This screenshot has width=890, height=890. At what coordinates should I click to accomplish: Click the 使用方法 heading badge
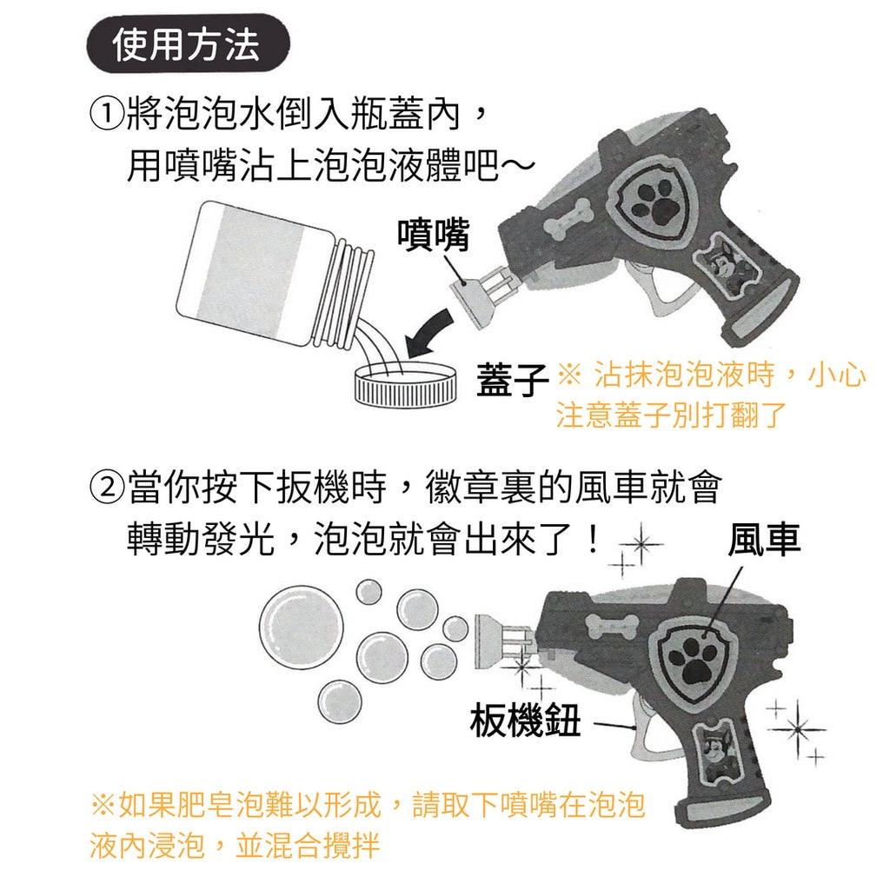pyautogui.click(x=186, y=44)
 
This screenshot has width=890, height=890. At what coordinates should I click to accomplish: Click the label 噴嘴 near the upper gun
pyautogui.click(x=433, y=235)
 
